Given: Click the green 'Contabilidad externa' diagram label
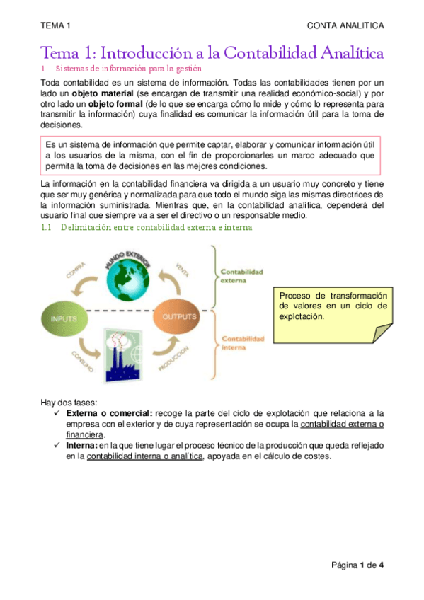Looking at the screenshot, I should coord(241,275).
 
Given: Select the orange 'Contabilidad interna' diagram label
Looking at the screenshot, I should coord(243,343).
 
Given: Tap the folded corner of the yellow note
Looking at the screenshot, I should coord(382,333).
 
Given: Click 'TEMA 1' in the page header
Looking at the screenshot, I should coord(56,26).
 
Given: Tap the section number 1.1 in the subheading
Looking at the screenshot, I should coord(47,228).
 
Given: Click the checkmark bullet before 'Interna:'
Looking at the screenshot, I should coord(57,446).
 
